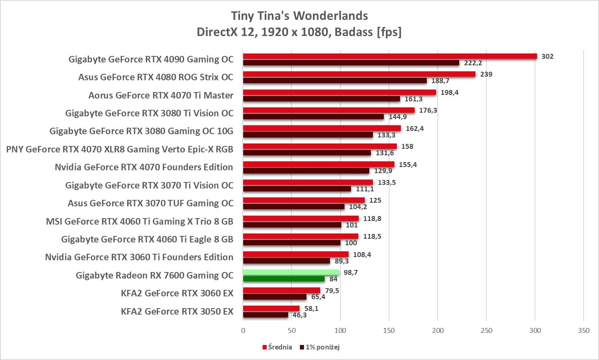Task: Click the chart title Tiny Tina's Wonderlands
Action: (299, 16)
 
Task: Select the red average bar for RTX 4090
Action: (389, 56)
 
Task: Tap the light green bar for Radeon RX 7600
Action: (291, 272)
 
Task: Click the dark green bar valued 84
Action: (284, 279)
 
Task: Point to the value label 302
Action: (547, 56)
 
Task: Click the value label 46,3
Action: (299, 315)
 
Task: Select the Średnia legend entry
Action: (277, 347)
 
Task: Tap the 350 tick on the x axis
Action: (584, 330)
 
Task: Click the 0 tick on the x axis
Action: (243, 330)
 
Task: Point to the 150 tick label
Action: (389, 330)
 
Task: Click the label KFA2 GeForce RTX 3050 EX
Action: (177, 311)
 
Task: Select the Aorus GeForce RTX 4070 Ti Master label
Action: (161, 95)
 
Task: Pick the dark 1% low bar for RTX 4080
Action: (335, 81)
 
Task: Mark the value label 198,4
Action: (449, 92)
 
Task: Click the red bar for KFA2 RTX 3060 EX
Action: (282, 290)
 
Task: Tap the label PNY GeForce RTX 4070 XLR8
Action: (120, 149)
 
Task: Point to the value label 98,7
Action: (351, 272)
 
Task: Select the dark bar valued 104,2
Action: (294, 207)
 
